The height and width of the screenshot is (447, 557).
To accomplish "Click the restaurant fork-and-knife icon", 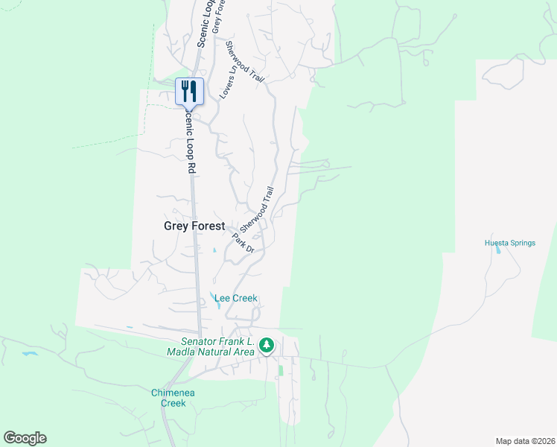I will pyautogui.click(x=189, y=91).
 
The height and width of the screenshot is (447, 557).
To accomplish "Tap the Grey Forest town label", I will pyautogui.click(x=194, y=225).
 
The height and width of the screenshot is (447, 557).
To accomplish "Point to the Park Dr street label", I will pyautogui.click(x=244, y=243).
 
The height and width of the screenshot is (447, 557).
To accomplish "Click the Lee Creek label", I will pyautogui.click(x=235, y=298).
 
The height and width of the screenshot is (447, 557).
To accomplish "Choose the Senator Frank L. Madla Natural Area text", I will pyautogui.click(x=212, y=346).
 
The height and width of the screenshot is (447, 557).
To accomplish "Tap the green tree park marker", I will pyautogui.click(x=267, y=346).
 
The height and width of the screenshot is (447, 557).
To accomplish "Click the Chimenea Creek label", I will pyautogui.click(x=168, y=398).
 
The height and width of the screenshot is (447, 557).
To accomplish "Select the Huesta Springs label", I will pyautogui.click(x=510, y=243).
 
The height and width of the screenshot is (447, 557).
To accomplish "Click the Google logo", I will pyautogui.click(x=25, y=438).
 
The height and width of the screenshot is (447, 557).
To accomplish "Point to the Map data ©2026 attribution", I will pyautogui.click(x=524, y=441).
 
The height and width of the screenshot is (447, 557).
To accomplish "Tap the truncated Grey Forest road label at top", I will pyautogui.click(x=217, y=16).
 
